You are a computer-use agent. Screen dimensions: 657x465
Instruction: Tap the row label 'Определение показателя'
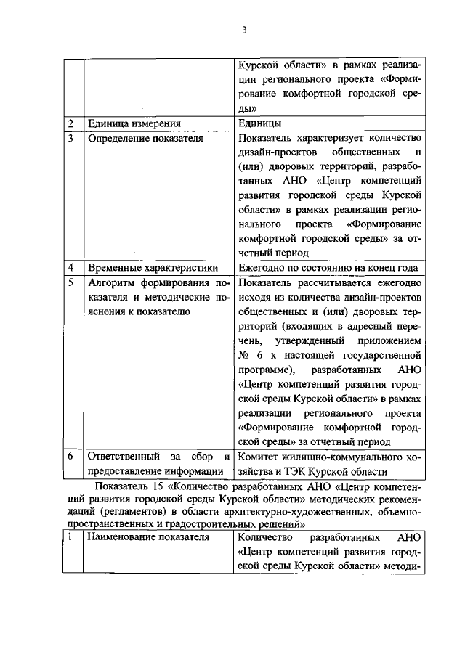(x=145, y=137)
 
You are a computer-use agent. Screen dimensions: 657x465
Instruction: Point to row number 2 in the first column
(x=71, y=123)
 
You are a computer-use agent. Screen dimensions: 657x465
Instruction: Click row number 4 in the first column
(x=71, y=268)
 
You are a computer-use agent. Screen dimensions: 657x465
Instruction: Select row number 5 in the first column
(x=71, y=282)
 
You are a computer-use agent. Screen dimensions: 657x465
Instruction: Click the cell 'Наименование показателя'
(x=148, y=537)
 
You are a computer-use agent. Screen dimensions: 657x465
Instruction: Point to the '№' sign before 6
(x=245, y=355)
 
